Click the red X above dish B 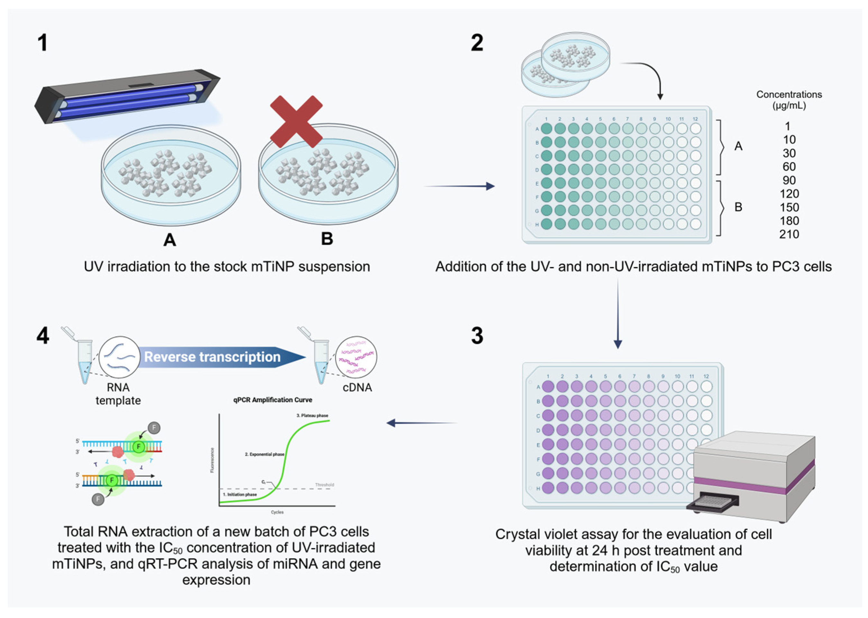[x=296, y=121]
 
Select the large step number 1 [x=43, y=43]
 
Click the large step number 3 [x=477, y=336]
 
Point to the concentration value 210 [x=789, y=234]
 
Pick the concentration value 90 [x=789, y=180]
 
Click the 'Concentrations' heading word [x=789, y=95]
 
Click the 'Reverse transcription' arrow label [x=212, y=357]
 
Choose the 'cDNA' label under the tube [x=357, y=387]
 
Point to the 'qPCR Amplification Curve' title [x=272, y=400]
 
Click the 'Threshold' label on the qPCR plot [x=324, y=485]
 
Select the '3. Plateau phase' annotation [x=312, y=415]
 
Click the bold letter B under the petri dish [x=327, y=239]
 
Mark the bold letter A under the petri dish [x=170, y=240]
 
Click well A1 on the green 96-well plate [x=546, y=129]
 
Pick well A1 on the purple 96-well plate [x=548, y=386]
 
